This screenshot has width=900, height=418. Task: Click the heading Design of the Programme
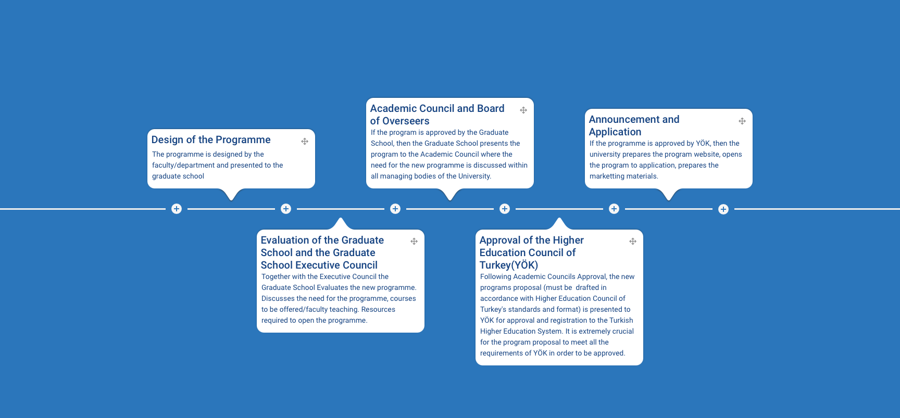point(211,140)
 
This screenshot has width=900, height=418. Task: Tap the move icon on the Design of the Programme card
point(305,141)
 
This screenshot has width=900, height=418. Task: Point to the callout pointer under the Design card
point(231,194)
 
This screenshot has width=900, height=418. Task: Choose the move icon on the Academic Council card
point(523,110)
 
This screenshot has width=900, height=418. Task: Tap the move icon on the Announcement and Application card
point(742,121)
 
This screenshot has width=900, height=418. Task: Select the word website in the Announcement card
point(706,154)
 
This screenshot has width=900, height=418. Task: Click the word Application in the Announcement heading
point(615,132)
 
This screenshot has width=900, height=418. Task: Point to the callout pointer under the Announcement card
point(669,194)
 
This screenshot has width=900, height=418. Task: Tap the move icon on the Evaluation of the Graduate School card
point(414,241)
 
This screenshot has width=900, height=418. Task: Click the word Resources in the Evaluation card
point(378,309)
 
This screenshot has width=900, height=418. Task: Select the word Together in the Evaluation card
point(276,276)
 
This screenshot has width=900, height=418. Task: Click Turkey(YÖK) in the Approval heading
point(509,265)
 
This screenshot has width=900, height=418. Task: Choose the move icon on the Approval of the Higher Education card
point(633,241)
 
